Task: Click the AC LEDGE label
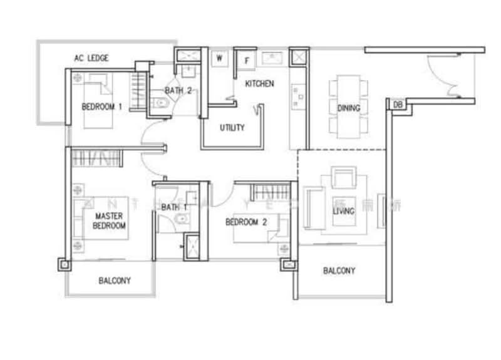91,58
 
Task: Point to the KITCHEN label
259,83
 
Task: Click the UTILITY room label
232,128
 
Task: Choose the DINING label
349,108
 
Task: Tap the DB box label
397,105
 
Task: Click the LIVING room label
344,211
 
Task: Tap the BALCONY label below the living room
339,271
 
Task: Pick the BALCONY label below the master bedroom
115,281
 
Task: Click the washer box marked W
220,58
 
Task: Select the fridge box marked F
247,61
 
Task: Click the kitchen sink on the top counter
274,58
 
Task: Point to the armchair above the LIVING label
344,178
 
